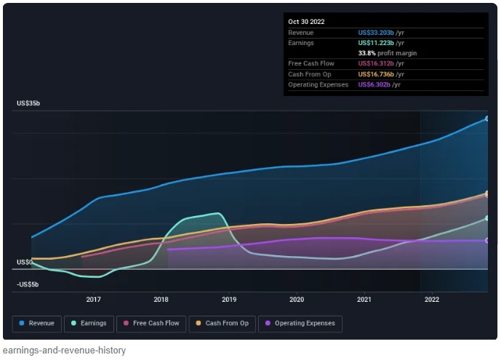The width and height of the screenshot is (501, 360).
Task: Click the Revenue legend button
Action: (x=37, y=323)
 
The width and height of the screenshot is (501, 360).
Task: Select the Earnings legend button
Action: (x=89, y=323)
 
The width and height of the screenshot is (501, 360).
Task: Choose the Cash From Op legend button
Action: (x=223, y=323)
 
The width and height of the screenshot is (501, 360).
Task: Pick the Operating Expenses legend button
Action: (x=300, y=323)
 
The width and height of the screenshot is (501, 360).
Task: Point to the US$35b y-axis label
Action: (x=28, y=104)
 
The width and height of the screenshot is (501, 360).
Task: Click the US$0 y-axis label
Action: (x=24, y=262)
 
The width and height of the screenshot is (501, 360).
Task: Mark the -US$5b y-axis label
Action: (x=28, y=284)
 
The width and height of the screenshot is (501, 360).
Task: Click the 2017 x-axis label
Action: (x=93, y=299)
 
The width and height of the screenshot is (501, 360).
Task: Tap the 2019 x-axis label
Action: (x=229, y=299)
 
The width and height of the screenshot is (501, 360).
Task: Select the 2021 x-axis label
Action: (x=364, y=299)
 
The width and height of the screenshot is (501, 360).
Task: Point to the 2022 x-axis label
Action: (x=432, y=299)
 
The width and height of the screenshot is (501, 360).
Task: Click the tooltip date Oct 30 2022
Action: (x=306, y=22)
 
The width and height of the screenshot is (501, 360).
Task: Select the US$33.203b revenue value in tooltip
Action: (x=376, y=33)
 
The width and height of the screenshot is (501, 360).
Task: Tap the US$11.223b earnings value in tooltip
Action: (x=376, y=43)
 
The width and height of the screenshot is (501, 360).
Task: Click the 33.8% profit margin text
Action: (x=388, y=53)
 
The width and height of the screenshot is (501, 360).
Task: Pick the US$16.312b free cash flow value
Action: (x=376, y=64)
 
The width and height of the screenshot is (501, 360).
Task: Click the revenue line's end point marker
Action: (x=486, y=118)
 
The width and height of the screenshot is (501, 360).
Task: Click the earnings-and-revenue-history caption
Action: (x=63, y=351)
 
